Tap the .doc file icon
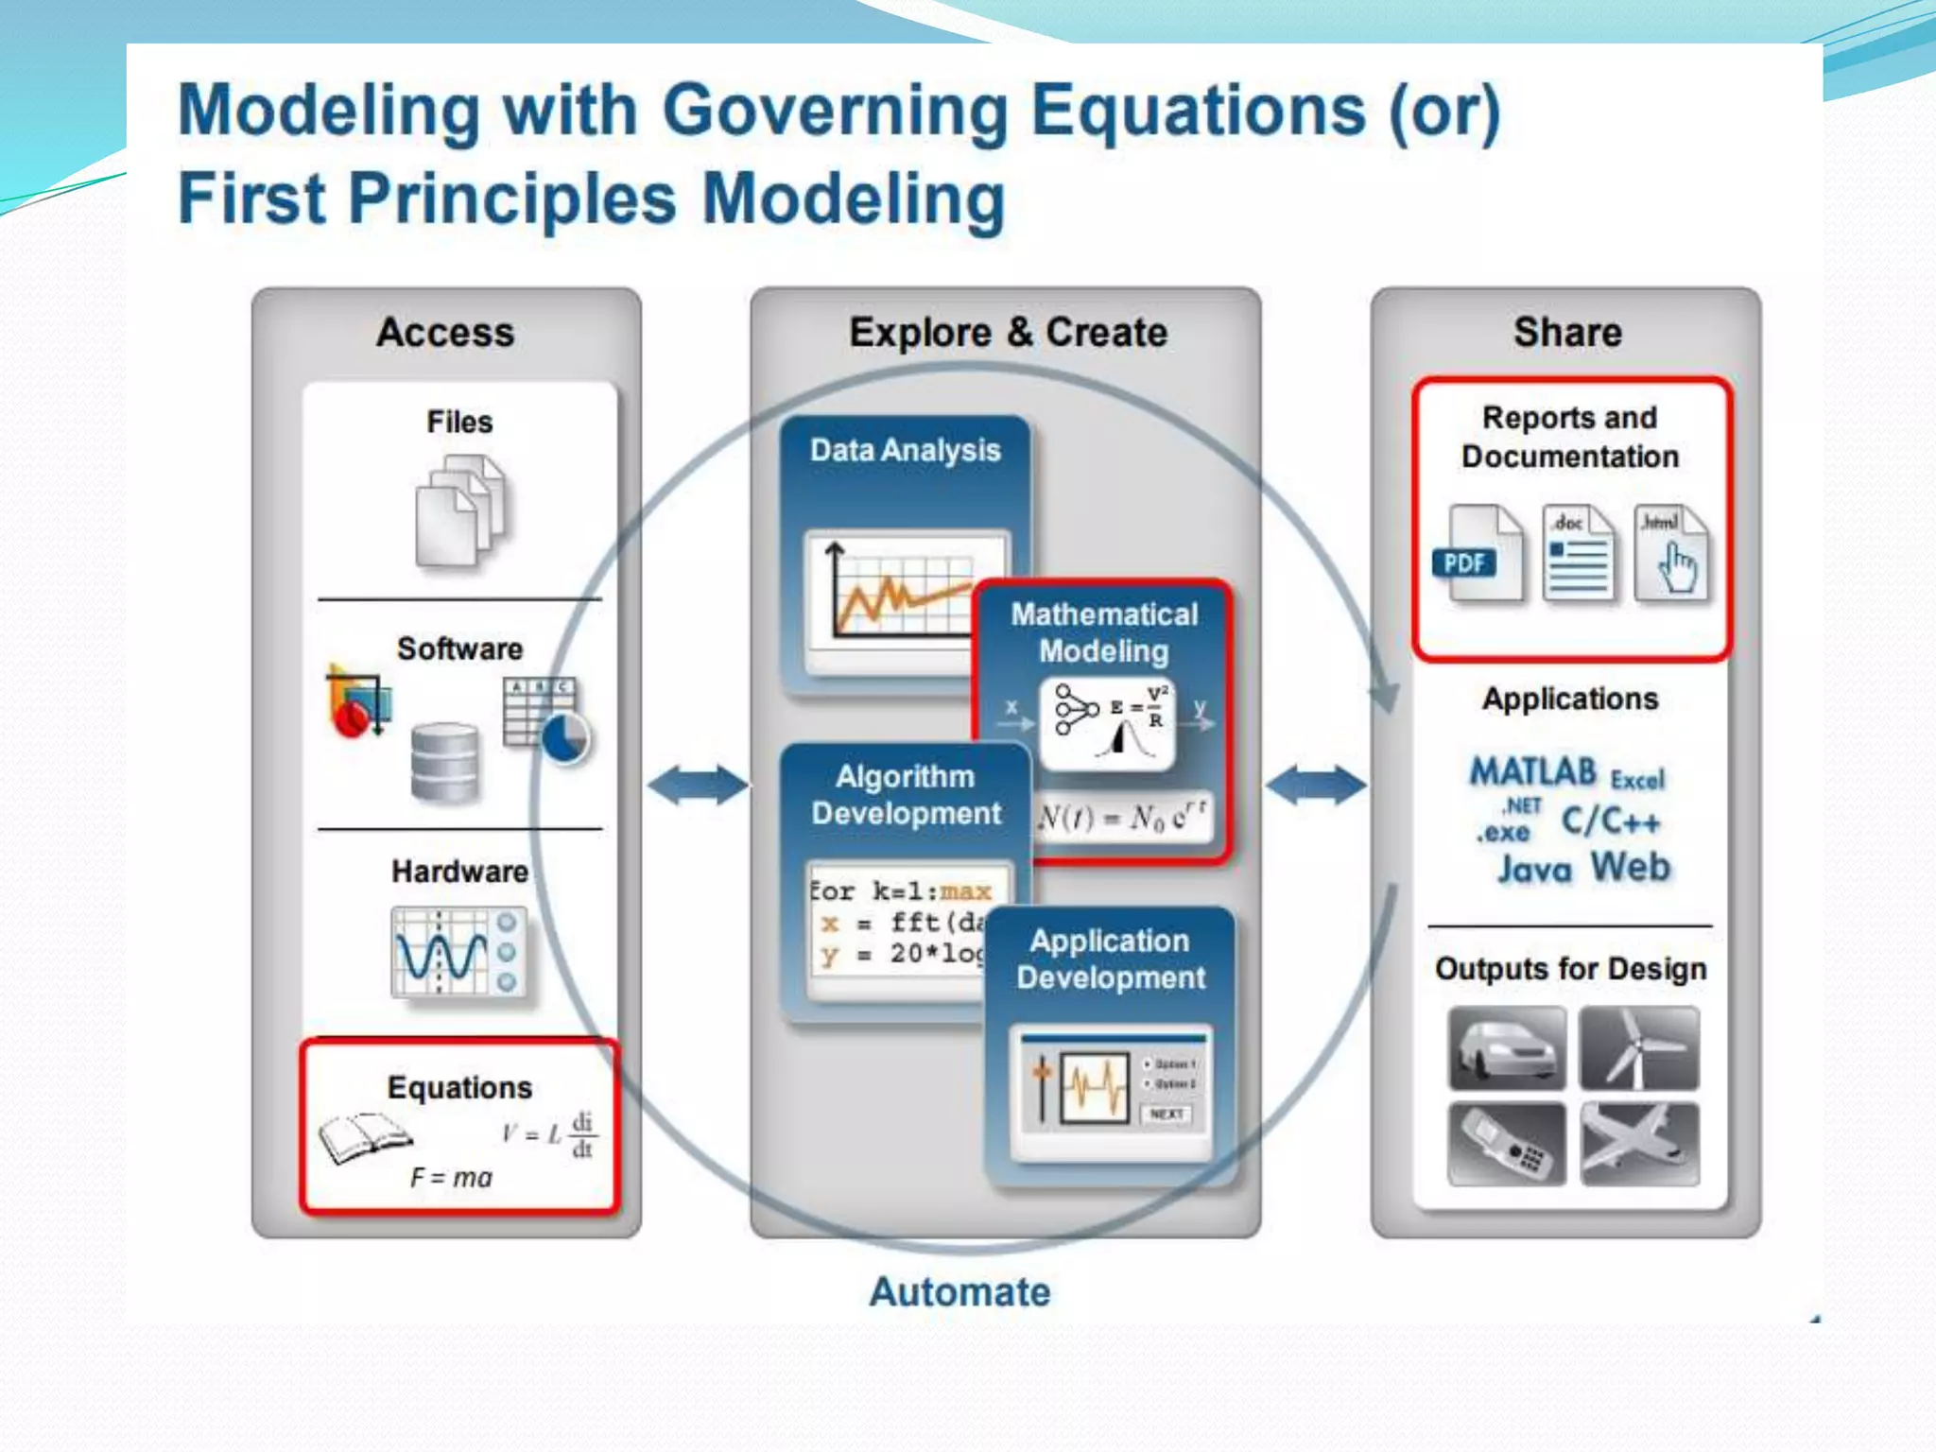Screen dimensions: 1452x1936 [1578, 553]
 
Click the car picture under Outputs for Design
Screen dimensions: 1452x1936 [1507, 1048]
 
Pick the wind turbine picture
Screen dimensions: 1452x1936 [1639, 1048]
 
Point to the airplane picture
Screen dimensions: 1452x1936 [1639, 1144]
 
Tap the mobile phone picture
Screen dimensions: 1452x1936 [1507, 1144]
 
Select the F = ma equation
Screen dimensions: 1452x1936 [452, 1178]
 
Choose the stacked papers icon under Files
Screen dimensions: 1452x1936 [460, 510]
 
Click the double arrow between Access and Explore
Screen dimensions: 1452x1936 [698, 785]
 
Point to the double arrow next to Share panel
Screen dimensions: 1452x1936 [1316, 785]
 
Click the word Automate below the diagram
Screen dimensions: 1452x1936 [959, 1292]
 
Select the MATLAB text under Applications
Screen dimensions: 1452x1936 [1532, 772]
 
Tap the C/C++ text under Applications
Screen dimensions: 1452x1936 [1610, 821]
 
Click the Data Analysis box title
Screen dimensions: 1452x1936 [905, 450]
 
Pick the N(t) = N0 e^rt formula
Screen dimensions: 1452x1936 [1122, 816]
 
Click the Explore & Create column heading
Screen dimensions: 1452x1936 [1008, 333]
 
